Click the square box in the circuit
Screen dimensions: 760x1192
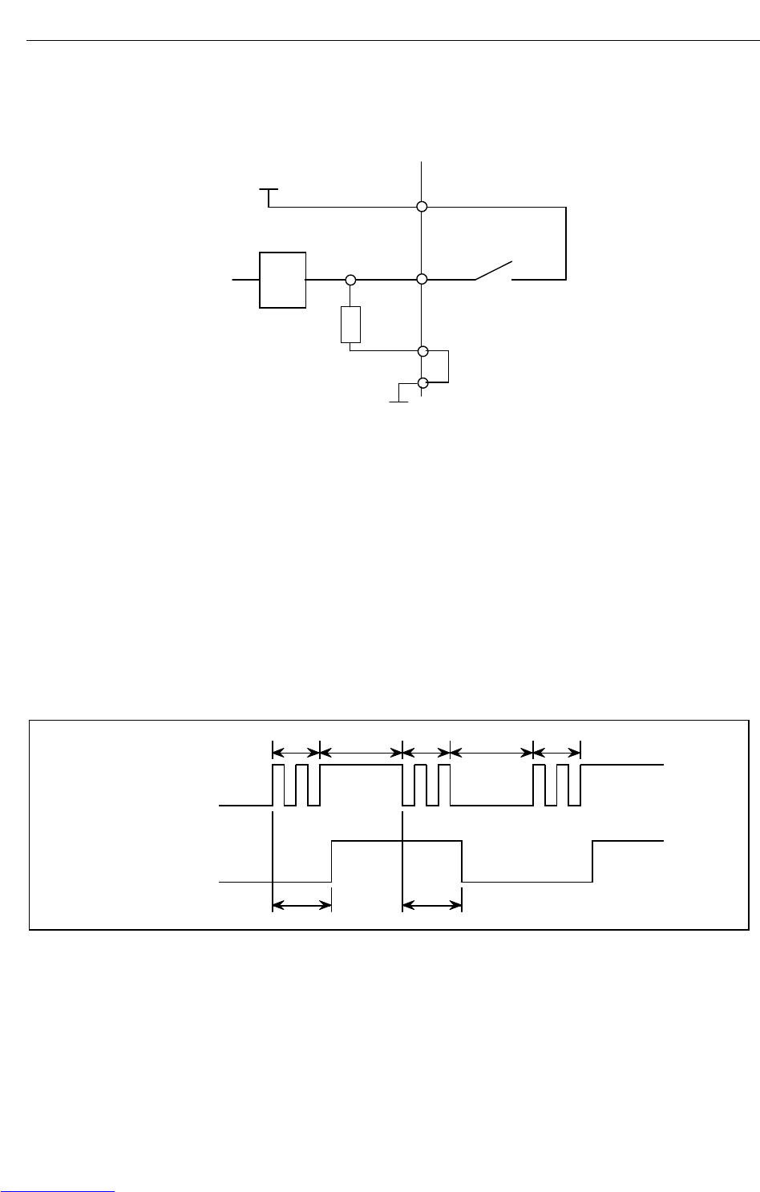pyautogui.click(x=283, y=280)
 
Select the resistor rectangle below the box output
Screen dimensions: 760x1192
pyautogui.click(x=350, y=325)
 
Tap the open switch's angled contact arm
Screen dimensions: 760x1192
pyautogui.click(x=494, y=270)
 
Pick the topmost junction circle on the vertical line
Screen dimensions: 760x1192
pyautogui.click(x=422, y=207)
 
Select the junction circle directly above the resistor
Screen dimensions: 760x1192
pyautogui.click(x=350, y=280)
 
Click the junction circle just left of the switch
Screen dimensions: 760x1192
pyautogui.click(x=422, y=280)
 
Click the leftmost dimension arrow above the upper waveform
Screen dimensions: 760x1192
pyautogui.click(x=296, y=752)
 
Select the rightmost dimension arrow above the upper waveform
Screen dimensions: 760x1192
pyautogui.click(x=556, y=752)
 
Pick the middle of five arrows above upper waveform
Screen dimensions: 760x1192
pyautogui.click(x=426, y=752)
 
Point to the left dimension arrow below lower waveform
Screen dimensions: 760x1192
pyautogui.click(x=302, y=906)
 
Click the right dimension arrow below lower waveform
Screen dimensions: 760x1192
pyautogui.click(x=432, y=906)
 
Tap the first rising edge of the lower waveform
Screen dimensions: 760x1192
pyautogui.click(x=332, y=861)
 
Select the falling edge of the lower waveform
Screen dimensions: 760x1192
pyautogui.click(x=463, y=861)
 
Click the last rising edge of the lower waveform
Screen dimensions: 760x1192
pyautogui.click(x=592, y=861)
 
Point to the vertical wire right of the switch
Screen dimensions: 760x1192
pyautogui.click(x=566, y=243)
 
